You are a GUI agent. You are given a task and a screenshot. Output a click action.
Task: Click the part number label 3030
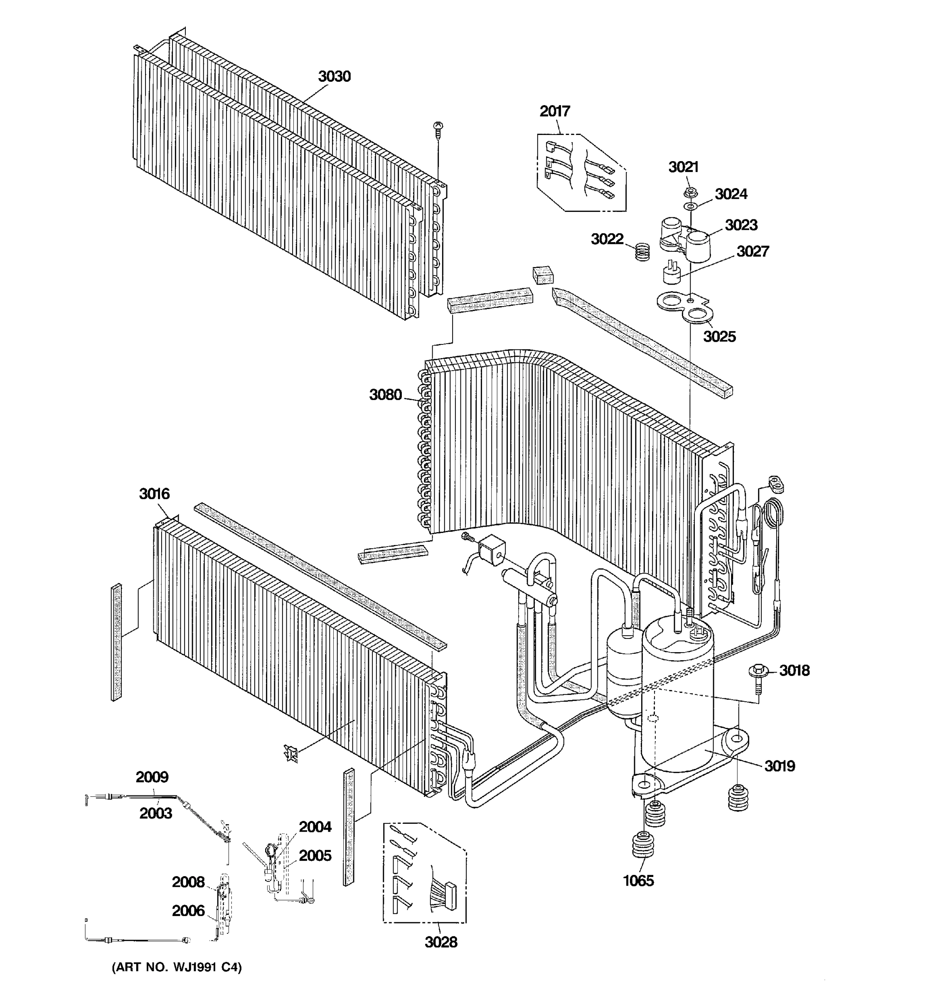[x=334, y=76]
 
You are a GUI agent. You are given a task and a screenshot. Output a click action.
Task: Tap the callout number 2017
[x=555, y=111]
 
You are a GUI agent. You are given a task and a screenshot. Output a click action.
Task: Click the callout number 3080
[x=385, y=395]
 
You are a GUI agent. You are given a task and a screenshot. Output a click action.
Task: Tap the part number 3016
[x=154, y=494]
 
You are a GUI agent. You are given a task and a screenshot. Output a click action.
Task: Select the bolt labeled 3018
[x=758, y=672]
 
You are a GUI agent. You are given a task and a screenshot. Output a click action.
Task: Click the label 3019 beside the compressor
[x=780, y=766]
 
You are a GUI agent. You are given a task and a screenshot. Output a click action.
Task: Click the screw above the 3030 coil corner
[x=438, y=129]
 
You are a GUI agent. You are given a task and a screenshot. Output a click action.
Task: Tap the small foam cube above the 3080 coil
[x=543, y=275]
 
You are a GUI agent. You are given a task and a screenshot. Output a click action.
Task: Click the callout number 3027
[x=753, y=251]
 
